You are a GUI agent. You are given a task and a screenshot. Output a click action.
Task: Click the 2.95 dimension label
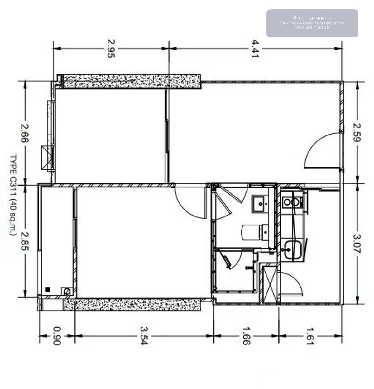click(x=111, y=49)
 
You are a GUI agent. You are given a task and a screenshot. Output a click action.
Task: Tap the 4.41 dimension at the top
click(x=255, y=49)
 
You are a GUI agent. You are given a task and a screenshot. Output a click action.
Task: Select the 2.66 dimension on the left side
click(x=25, y=133)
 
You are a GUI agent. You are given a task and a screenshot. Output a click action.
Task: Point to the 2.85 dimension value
click(x=25, y=241)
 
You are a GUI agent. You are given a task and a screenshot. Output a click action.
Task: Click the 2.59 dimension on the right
click(x=357, y=132)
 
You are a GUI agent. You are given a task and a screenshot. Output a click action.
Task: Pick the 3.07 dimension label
click(x=357, y=244)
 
